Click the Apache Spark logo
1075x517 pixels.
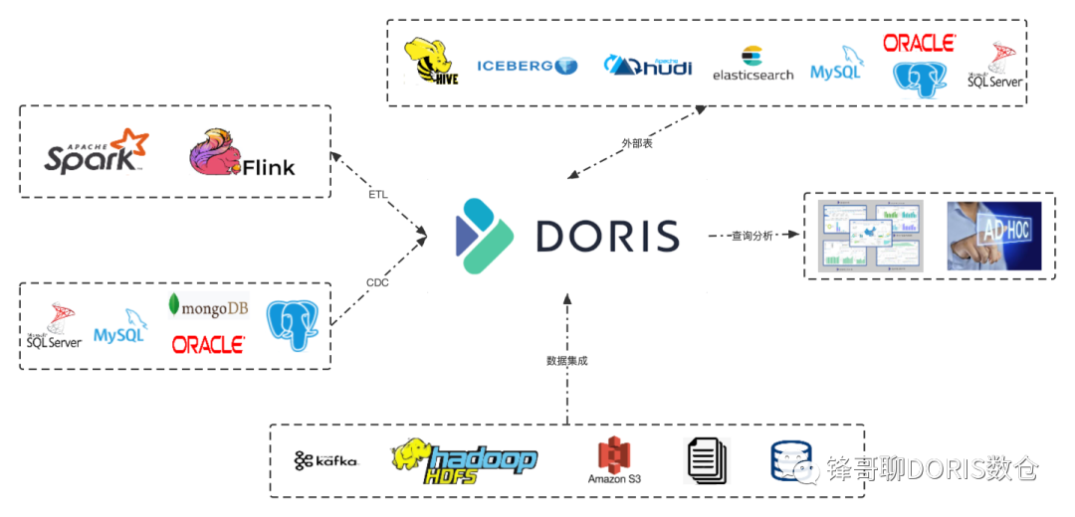(x=96, y=151)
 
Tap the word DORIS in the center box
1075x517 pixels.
(x=607, y=236)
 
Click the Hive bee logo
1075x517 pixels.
(x=429, y=62)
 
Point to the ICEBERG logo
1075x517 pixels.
(x=527, y=66)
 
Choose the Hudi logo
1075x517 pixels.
(x=648, y=65)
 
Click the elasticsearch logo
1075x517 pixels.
(x=752, y=65)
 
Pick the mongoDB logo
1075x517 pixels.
(x=208, y=307)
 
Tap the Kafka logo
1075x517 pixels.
(x=325, y=460)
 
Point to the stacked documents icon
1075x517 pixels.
(x=708, y=460)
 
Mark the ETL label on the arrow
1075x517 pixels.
(x=378, y=194)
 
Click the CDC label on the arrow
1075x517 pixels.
(x=377, y=282)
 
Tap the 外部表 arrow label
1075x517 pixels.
(x=637, y=143)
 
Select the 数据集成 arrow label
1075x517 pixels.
(x=566, y=361)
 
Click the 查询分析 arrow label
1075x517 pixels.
(x=752, y=236)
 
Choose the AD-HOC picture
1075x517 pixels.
(x=993, y=236)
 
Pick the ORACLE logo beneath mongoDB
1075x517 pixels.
(x=208, y=344)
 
